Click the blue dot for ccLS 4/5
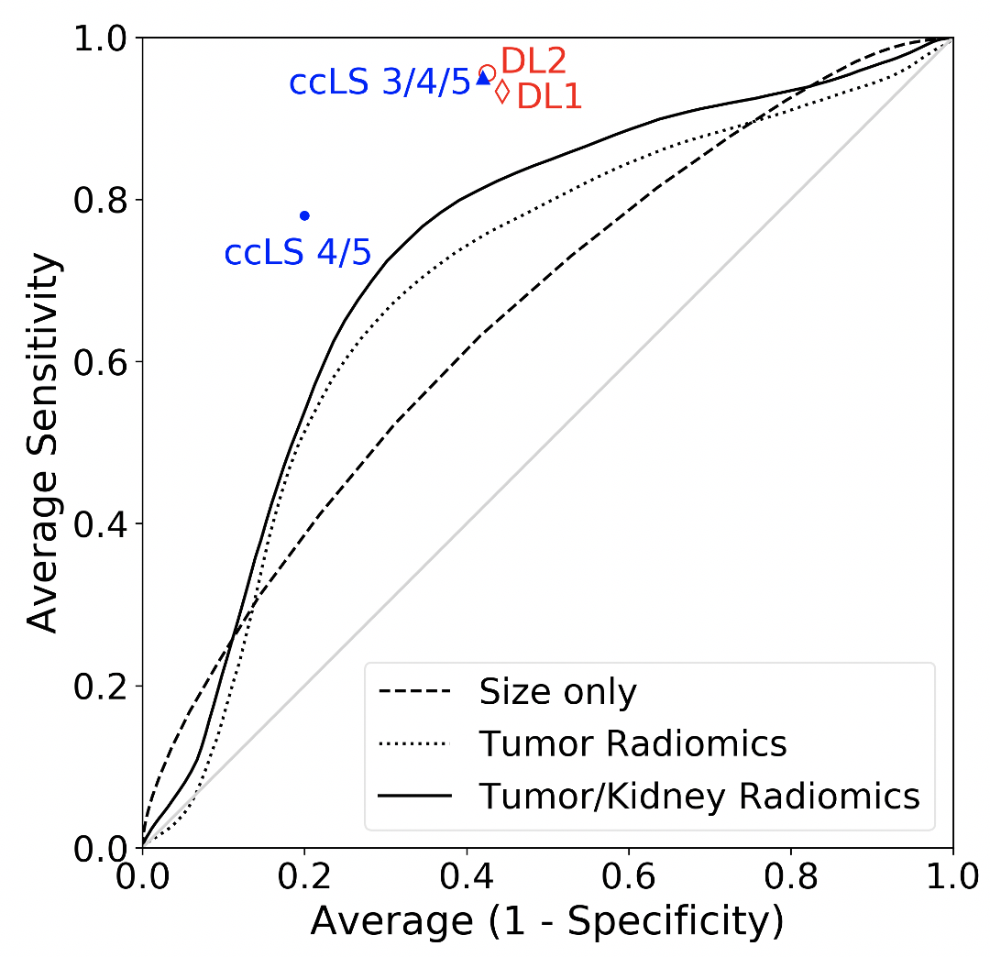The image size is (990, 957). click(304, 215)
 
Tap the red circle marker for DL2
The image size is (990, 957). click(488, 72)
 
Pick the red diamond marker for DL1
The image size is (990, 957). click(501, 92)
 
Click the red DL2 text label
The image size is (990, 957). click(533, 61)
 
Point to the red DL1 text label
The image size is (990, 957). click(550, 96)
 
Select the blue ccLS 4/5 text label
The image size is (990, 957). click(298, 252)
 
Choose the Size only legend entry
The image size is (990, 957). click(557, 692)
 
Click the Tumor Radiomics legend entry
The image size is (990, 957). click(632, 743)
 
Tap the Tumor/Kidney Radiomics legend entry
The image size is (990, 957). click(699, 795)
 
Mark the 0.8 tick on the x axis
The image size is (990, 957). click(791, 848)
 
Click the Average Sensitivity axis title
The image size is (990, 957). click(44, 443)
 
